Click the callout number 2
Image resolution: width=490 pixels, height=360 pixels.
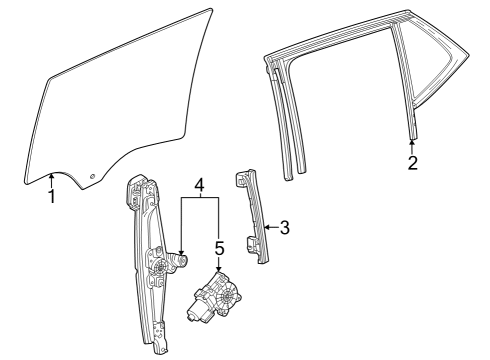412,163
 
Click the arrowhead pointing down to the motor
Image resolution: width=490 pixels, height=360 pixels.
219,268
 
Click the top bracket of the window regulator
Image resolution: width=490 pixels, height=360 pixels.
139,190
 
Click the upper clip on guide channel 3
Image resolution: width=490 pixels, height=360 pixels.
242,177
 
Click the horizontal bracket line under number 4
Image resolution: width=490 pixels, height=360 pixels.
200,200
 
